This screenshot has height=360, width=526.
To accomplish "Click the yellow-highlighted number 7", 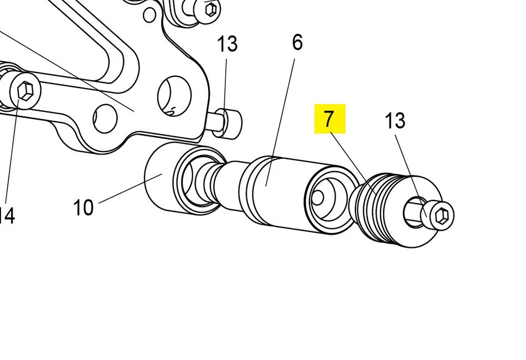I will click(329, 119).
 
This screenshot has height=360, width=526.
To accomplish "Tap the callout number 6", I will click(297, 42).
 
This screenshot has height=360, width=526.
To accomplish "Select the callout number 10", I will click(83, 208).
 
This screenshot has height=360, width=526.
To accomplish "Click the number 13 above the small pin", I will click(227, 44).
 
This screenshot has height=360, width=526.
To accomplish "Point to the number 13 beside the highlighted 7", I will click(395, 120).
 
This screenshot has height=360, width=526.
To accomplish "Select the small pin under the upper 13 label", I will click(228, 122).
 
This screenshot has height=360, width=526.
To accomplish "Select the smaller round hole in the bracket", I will click(105, 118).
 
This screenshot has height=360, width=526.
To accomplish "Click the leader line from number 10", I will click(130, 188).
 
